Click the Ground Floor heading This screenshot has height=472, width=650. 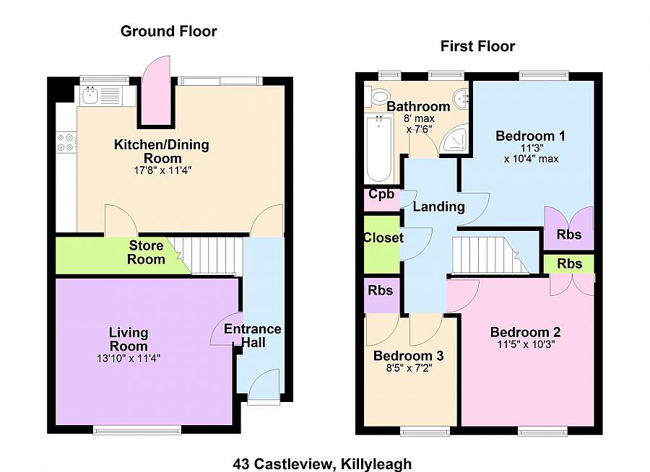(168, 31)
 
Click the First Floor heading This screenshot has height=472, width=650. (477, 47)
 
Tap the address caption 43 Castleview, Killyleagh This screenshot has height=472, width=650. (322, 463)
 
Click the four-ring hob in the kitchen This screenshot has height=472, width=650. (66, 142)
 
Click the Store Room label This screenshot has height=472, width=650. (146, 253)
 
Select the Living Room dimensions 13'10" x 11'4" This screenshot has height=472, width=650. (129, 358)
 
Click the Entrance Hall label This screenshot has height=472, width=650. (252, 336)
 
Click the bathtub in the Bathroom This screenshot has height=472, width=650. (378, 148)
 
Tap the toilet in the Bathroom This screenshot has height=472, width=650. (379, 95)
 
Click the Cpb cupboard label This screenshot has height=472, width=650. (381, 195)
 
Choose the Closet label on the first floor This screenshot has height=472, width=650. (383, 238)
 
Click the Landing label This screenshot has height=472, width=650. (438, 207)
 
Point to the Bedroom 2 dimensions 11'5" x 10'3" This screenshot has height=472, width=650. (525, 344)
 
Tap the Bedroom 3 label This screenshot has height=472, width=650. (408, 356)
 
